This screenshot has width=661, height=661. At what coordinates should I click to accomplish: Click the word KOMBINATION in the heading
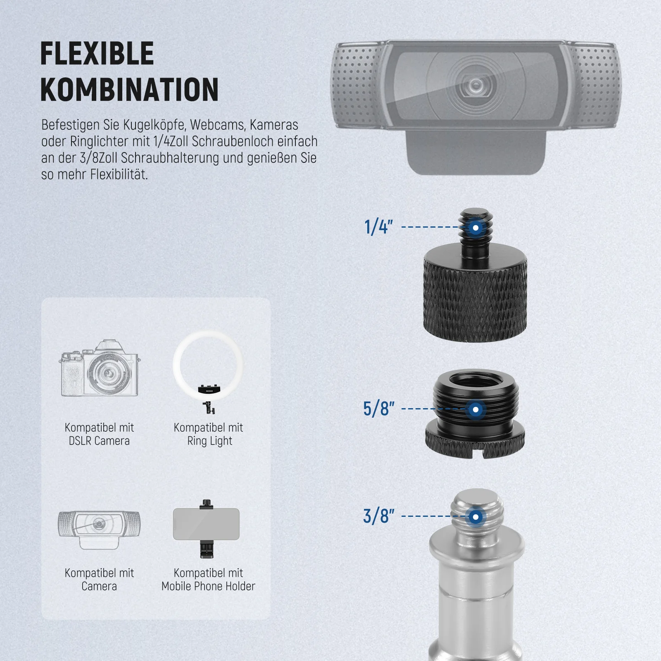tap(129, 90)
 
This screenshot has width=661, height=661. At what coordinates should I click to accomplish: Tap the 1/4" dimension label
tap(378, 227)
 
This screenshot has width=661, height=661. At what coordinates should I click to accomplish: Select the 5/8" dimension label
tap(378, 409)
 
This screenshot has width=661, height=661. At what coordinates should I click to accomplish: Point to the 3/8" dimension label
tap(378, 516)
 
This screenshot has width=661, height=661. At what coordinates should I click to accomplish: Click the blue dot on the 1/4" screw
tap(476, 228)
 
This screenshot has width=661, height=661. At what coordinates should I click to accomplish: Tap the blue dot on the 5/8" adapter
tap(476, 409)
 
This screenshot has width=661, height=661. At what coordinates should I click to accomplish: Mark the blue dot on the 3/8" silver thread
tap(476, 517)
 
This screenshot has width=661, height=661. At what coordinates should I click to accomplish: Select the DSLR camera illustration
tap(99, 369)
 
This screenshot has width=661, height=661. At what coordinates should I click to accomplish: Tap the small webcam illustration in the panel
tap(99, 530)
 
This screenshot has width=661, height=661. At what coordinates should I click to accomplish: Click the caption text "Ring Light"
tap(209, 441)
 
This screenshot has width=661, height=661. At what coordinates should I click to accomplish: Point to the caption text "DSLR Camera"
tap(99, 441)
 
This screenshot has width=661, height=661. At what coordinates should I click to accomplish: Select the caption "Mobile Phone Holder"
tap(208, 586)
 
